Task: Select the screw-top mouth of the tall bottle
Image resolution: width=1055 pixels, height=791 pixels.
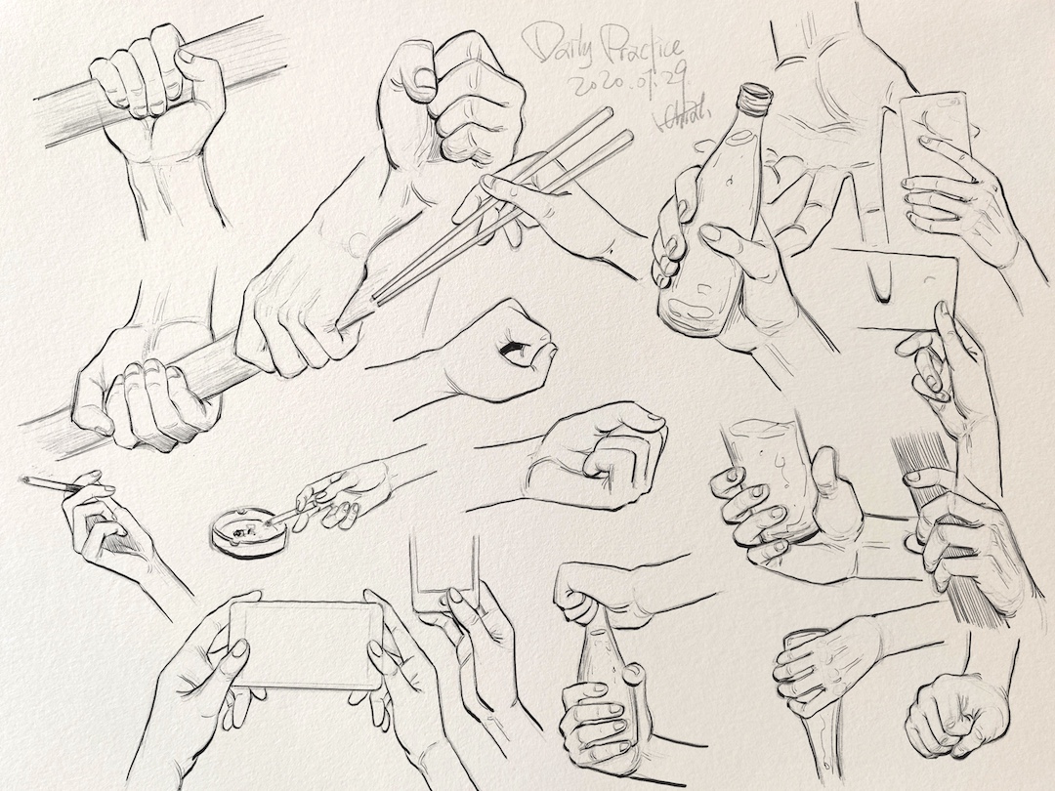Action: (x=753, y=97)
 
